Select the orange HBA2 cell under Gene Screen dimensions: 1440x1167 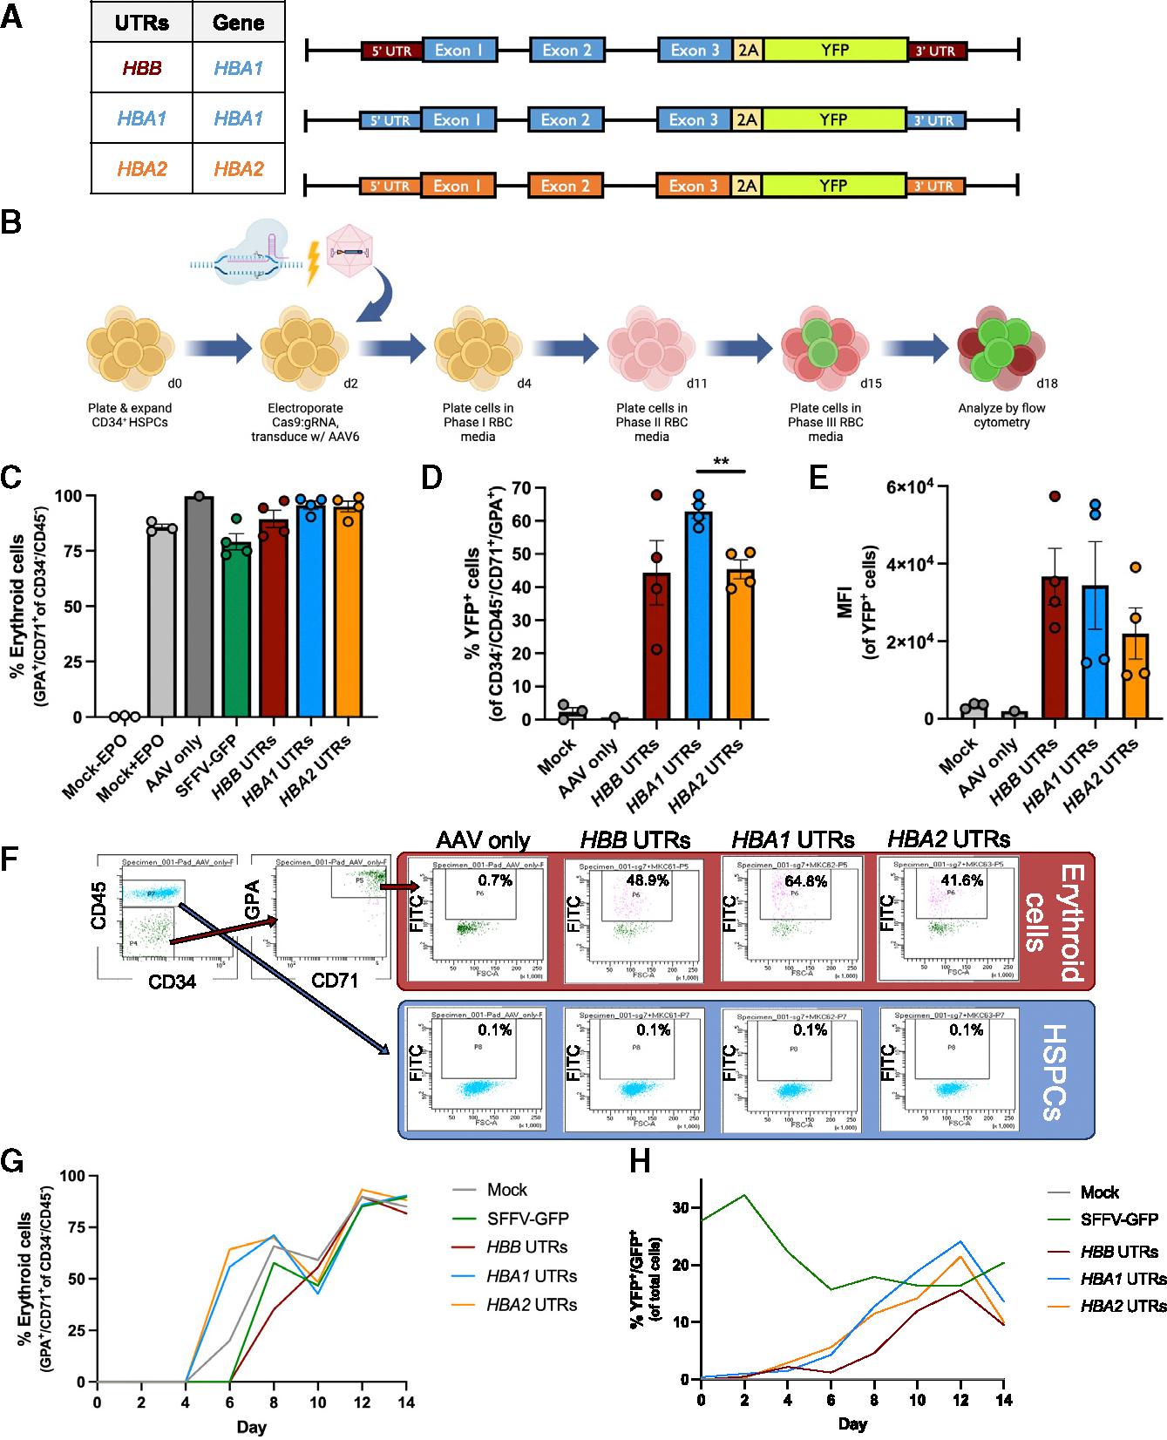click(238, 168)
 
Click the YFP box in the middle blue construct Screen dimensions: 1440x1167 click(834, 119)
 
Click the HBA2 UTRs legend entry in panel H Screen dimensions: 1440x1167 click(1123, 1305)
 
